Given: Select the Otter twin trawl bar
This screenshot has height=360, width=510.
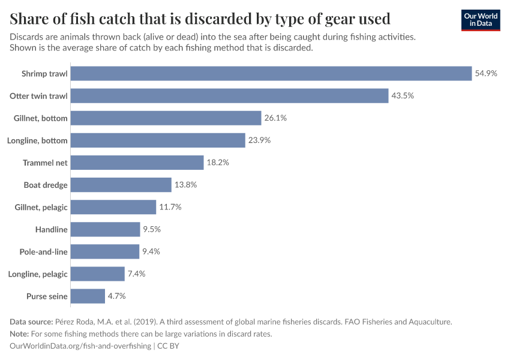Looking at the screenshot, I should point(229,96).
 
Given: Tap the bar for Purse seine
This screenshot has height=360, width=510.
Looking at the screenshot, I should point(88,296).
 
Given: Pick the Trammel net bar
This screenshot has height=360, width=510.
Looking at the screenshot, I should point(137,163).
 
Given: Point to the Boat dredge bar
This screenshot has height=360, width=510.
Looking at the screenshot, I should point(121,185).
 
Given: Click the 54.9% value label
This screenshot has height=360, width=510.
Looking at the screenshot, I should point(486,73).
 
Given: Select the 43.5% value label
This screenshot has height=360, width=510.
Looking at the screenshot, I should point(403,96).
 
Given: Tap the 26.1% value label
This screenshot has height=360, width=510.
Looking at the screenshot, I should point(275,118).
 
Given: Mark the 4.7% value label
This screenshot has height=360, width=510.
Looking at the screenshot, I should point(116,296).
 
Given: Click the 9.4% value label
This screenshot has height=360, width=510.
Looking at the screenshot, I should point(151,251).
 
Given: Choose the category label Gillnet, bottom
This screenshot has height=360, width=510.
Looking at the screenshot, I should point(41,118).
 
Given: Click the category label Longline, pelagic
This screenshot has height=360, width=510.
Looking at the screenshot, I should point(38,274).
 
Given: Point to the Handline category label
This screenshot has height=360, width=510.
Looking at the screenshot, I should point(52,229).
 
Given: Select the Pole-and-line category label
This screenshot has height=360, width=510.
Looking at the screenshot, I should point(44,251).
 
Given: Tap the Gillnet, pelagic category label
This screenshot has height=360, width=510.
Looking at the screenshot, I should point(41,207).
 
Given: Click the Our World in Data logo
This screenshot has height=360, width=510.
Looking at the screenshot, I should point(481,20).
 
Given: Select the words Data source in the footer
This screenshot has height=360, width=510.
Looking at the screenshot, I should point(33,322).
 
